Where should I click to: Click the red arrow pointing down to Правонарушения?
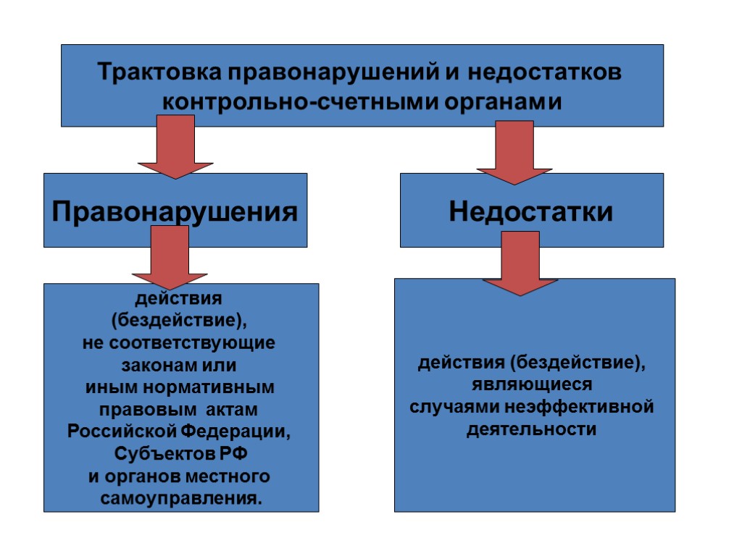pos(175,148)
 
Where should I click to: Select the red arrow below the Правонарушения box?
pos(170,258)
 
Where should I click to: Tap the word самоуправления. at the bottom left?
pos(181,499)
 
